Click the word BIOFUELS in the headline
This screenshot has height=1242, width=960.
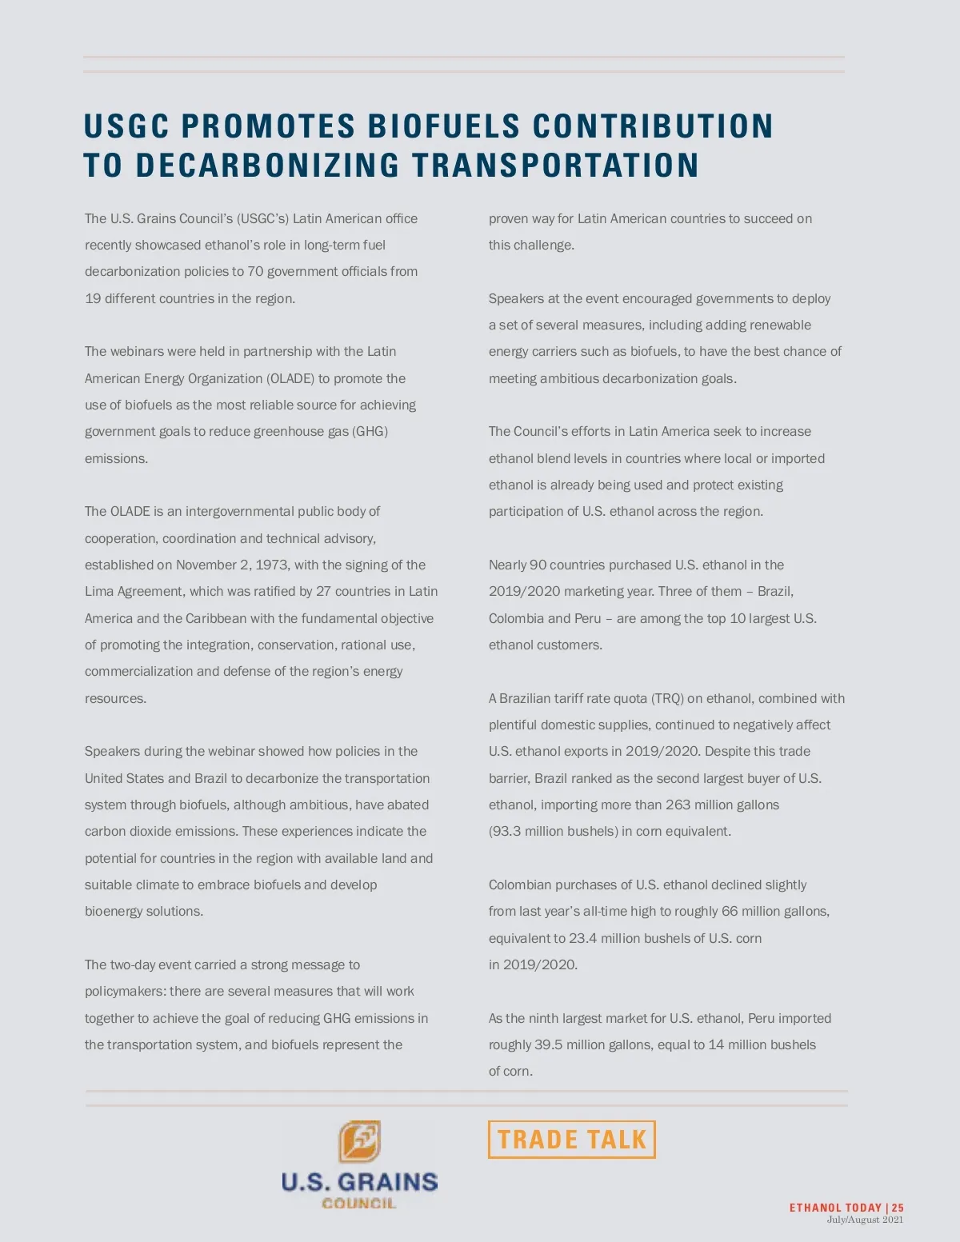pyautogui.click(x=443, y=126)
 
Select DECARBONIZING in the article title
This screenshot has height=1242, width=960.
pyautogui.click(x=267, y=166)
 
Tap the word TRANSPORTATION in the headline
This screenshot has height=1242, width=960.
pyautogui.click(x=555, y=166)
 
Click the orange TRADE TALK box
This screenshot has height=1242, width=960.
pyautogui.click(x=571, y=1140)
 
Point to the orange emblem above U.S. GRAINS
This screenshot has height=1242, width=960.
pyautogui.click(x=359, y=1141)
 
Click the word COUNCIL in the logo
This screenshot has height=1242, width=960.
pyautogui.click(x=358, y=1203)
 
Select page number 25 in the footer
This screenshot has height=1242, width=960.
pyautogui.click(x=898, y=1208)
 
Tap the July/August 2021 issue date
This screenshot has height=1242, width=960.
pyautogui.click(x=865, y=1220)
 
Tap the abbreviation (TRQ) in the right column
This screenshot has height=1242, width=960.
pyautogui.click(x=667, y=698)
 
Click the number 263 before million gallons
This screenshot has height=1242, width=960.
pyautogui.click(x=678, y=805)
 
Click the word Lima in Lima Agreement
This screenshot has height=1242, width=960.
pyautogui.click(x=99, y=592)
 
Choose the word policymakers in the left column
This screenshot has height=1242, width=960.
pyautogui.click(x=124, y=992)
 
